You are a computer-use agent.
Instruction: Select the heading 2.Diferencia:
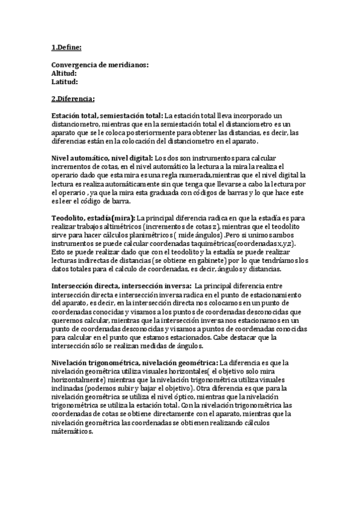[x=73, y=99]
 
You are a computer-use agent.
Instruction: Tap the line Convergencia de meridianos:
[x=100, y=65]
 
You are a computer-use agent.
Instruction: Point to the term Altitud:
[x=64, y=73]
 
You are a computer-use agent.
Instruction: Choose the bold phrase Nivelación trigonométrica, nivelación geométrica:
[x=135, y=363]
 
